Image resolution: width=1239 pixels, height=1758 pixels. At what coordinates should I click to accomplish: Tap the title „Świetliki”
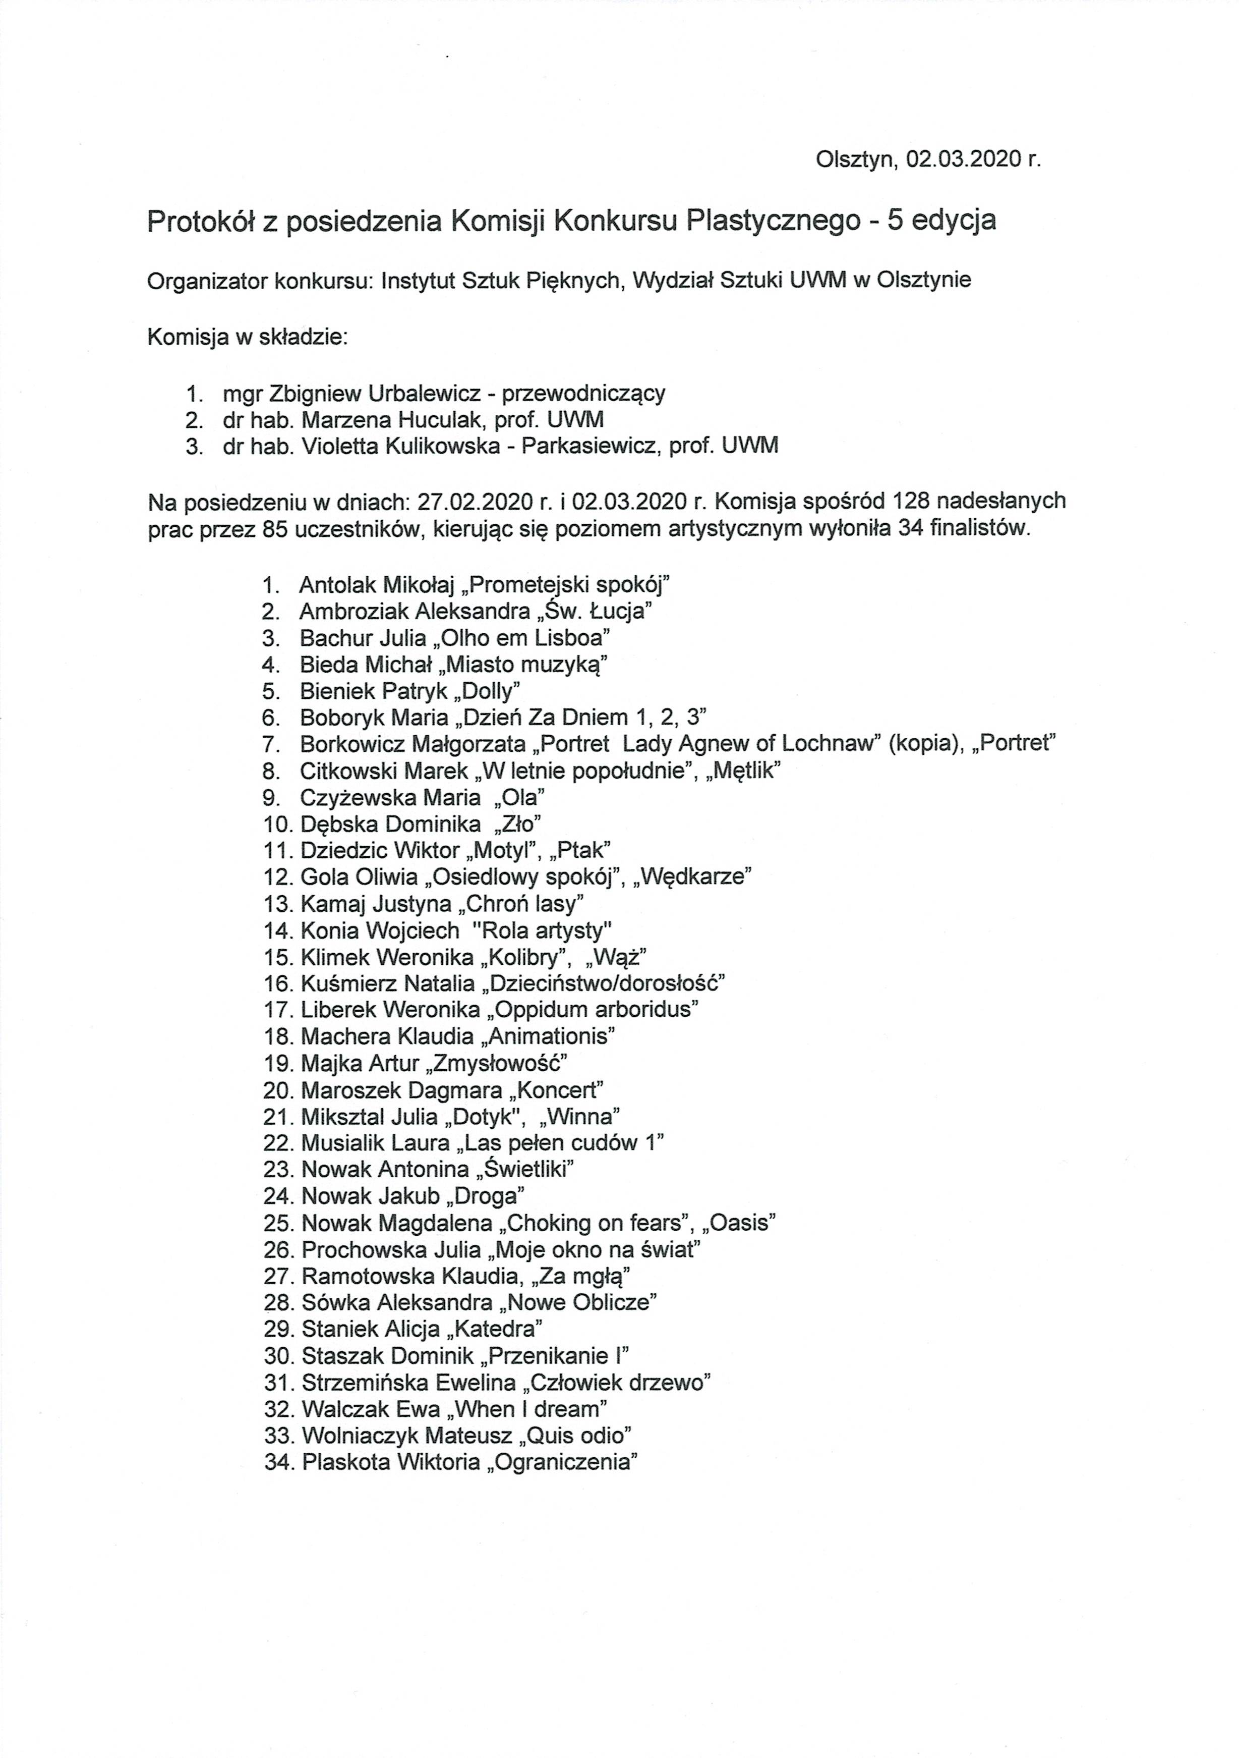point(524,1169)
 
